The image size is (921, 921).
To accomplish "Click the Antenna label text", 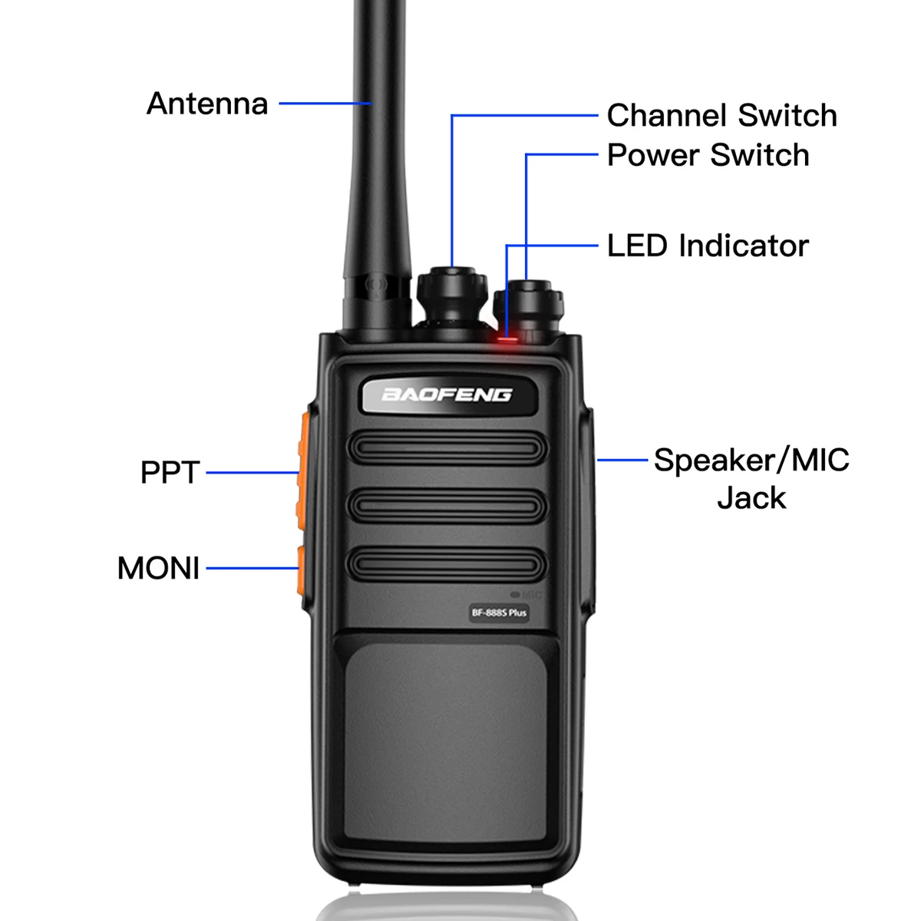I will (x=207, y=104).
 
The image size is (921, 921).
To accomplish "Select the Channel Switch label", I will (x=721, y=116).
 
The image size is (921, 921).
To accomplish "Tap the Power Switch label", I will (x=708, y=155).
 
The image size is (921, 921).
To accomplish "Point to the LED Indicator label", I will (x=708, y=246).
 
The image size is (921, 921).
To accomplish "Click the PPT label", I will (x=170, y=473).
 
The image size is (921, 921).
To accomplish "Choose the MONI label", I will (x=158, y=569).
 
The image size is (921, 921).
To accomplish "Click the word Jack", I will (x=751, y=498).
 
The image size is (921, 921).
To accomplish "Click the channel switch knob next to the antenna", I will (x=452, y=295).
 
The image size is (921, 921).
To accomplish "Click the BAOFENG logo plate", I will (x=447, y=395).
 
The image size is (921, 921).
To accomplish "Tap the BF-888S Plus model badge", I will (x=499, y=612).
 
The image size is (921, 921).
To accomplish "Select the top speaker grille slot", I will (x=447, y=448).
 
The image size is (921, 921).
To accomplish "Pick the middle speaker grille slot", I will (x=447, y=507).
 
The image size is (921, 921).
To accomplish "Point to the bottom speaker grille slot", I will (x=447, y=566).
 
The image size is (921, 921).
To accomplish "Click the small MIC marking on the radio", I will (x=527, y=595).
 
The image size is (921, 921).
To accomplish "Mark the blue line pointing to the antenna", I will (x=325, y=103).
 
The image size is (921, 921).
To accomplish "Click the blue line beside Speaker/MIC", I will (x=622, y=460).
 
